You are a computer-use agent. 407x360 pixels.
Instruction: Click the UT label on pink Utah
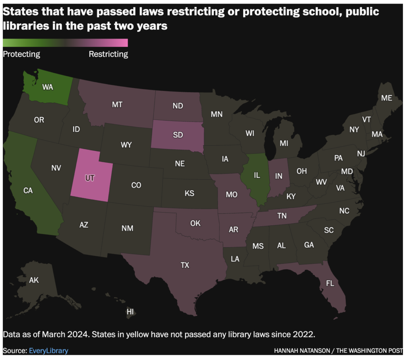click(x=90, y=178)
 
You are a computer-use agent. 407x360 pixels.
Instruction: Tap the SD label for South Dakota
click(x=178, y=135)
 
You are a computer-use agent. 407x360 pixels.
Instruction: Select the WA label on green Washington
click(x=47, y=87)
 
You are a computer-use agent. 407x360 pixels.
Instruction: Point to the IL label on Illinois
click(x=257, y=175)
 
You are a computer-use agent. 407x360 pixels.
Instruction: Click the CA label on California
click(x=28, y=191)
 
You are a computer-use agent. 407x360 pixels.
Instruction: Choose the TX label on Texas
click(x=185, y=265)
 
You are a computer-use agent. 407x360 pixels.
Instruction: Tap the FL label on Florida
click(x=330, y=284)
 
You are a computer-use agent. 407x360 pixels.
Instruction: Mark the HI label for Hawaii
click(x=130, y=312)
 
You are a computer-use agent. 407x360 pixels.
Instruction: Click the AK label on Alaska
click(x=34, y=281)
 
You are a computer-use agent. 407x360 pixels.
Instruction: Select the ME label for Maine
click(x=386, y=98)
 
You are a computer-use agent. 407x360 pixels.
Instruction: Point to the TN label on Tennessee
click(x=282, y=216)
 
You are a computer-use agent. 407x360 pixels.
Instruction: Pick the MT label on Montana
click(x=117, y=105)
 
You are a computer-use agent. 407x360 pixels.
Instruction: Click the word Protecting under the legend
click(x=21, y=54)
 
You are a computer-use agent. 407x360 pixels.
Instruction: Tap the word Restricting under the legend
click(x=108, y=54)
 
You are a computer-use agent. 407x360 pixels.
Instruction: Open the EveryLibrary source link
click(x=48, y=350)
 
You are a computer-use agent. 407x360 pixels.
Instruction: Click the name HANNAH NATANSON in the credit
click(x=304, y=351)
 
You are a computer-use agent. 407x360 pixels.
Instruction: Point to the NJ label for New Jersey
click(x=361, y=153)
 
